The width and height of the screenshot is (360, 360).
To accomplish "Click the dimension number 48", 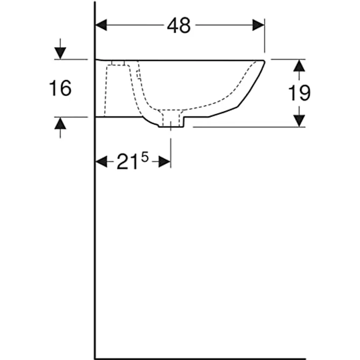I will [x=179, y=25].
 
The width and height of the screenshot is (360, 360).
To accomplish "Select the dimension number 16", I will [x=60, y=89].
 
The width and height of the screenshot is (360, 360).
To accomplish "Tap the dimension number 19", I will [x=298, y=92].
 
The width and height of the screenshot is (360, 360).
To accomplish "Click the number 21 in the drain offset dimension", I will [x=127, y=162].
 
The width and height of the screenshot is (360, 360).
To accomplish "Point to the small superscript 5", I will [x=145, y=157].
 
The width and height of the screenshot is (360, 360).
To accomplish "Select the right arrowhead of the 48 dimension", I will [x=259, y=25].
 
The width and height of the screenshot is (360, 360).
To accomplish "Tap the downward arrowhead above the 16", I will [x=60, y=53].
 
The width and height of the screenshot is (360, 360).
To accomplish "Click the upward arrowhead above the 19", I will [x=299, y=66].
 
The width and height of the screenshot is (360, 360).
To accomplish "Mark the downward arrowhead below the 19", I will [x=299, y=120].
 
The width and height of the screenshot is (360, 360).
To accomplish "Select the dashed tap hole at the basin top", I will [x=118, y=63].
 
